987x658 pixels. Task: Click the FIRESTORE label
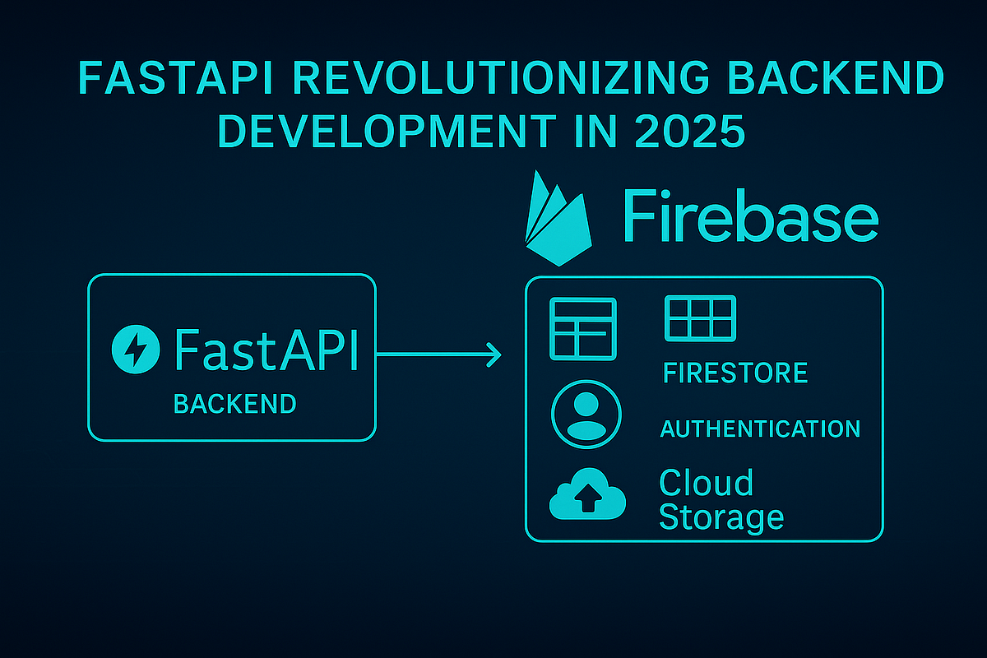[x=734, y=373]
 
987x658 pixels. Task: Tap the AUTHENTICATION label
[x=760, y=429]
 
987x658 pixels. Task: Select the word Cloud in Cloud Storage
[x=706, y=483]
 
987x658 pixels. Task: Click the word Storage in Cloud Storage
[x=721, y=517]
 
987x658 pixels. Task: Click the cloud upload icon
[x=587, y=496]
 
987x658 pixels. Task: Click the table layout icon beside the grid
[x=582, y=327]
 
